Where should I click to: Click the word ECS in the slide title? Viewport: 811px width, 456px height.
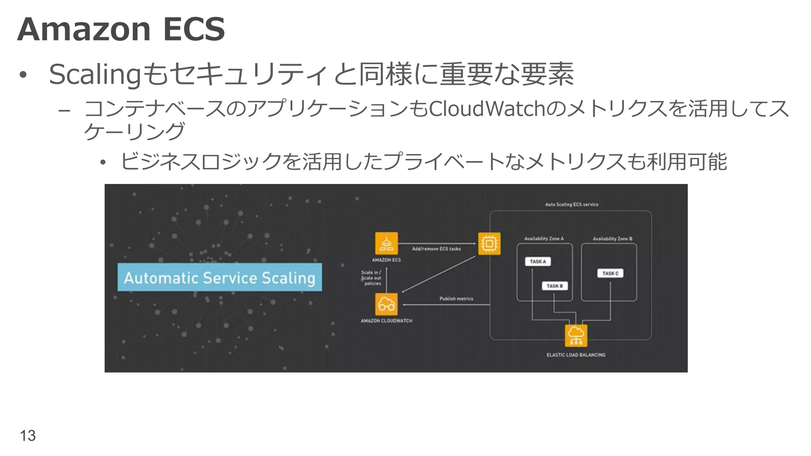pyautogui.click(x=194, y=29)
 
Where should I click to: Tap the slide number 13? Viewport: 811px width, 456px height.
pyautogui.click(x=28, y=435)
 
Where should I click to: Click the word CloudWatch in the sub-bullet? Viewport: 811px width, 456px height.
pyautogui.click(x=487, y=109)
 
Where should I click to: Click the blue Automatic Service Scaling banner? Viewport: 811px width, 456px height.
pyautogui.click(x=219, y=277)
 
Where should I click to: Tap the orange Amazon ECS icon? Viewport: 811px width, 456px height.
pyautogui.click(x=386, y=243)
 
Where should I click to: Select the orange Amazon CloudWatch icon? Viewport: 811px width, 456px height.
pyautogui.click(x=386, y=304)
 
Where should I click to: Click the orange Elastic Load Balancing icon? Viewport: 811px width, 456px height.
pyautogui.click(x=576, y=336)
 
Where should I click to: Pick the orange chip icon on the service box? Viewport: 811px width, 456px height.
pyautogui.click(x=489, y=243)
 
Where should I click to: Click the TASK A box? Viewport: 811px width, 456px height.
pyautogui.click(x=538, y=262)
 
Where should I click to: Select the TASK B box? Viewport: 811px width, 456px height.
pyautogui.click(x=554, y=286)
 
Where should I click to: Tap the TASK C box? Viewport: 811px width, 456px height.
pyautogui.click(x=610, y=273)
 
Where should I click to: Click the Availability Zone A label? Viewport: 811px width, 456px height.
pyautogui.click(x=544, y=239)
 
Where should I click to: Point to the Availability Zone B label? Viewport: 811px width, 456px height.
pyautogui.click(x=612, y=239)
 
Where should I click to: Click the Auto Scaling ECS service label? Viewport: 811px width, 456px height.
pyautogui.click(x=571, y=205)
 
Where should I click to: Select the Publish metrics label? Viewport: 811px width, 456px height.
pyautogui.click(x=456, y=299)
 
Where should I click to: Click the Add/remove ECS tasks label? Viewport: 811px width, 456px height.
pyautogui.click(x=436, y=249)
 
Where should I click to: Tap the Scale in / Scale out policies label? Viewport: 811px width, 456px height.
pyautogui.click(x=371, y=278)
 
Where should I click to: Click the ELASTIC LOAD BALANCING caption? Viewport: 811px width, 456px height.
pyautogui.click(x=576, y=355)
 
